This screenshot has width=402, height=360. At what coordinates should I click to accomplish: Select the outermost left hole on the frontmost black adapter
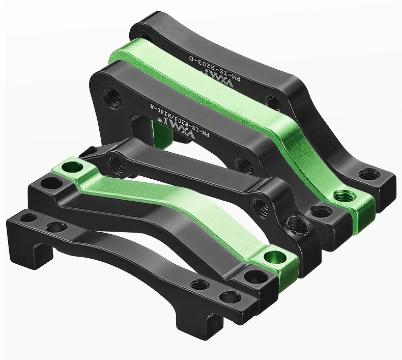pyautogui.click(x=29, y=217)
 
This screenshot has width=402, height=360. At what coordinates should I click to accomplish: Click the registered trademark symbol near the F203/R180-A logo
pyautogui.click(x=159, y=121)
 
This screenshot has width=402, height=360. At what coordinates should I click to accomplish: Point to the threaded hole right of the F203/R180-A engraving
pyautogui.click(x=243, y=164)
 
